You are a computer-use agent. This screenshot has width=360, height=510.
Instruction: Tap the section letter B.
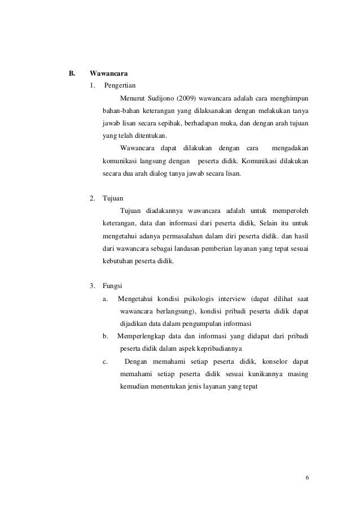[x=72, y=73]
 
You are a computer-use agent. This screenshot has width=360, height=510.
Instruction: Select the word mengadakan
[x=291, y=149]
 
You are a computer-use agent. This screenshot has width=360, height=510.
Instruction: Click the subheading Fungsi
[x=112, y=286]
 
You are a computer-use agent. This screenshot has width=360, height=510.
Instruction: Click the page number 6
[x=308, y=478]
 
